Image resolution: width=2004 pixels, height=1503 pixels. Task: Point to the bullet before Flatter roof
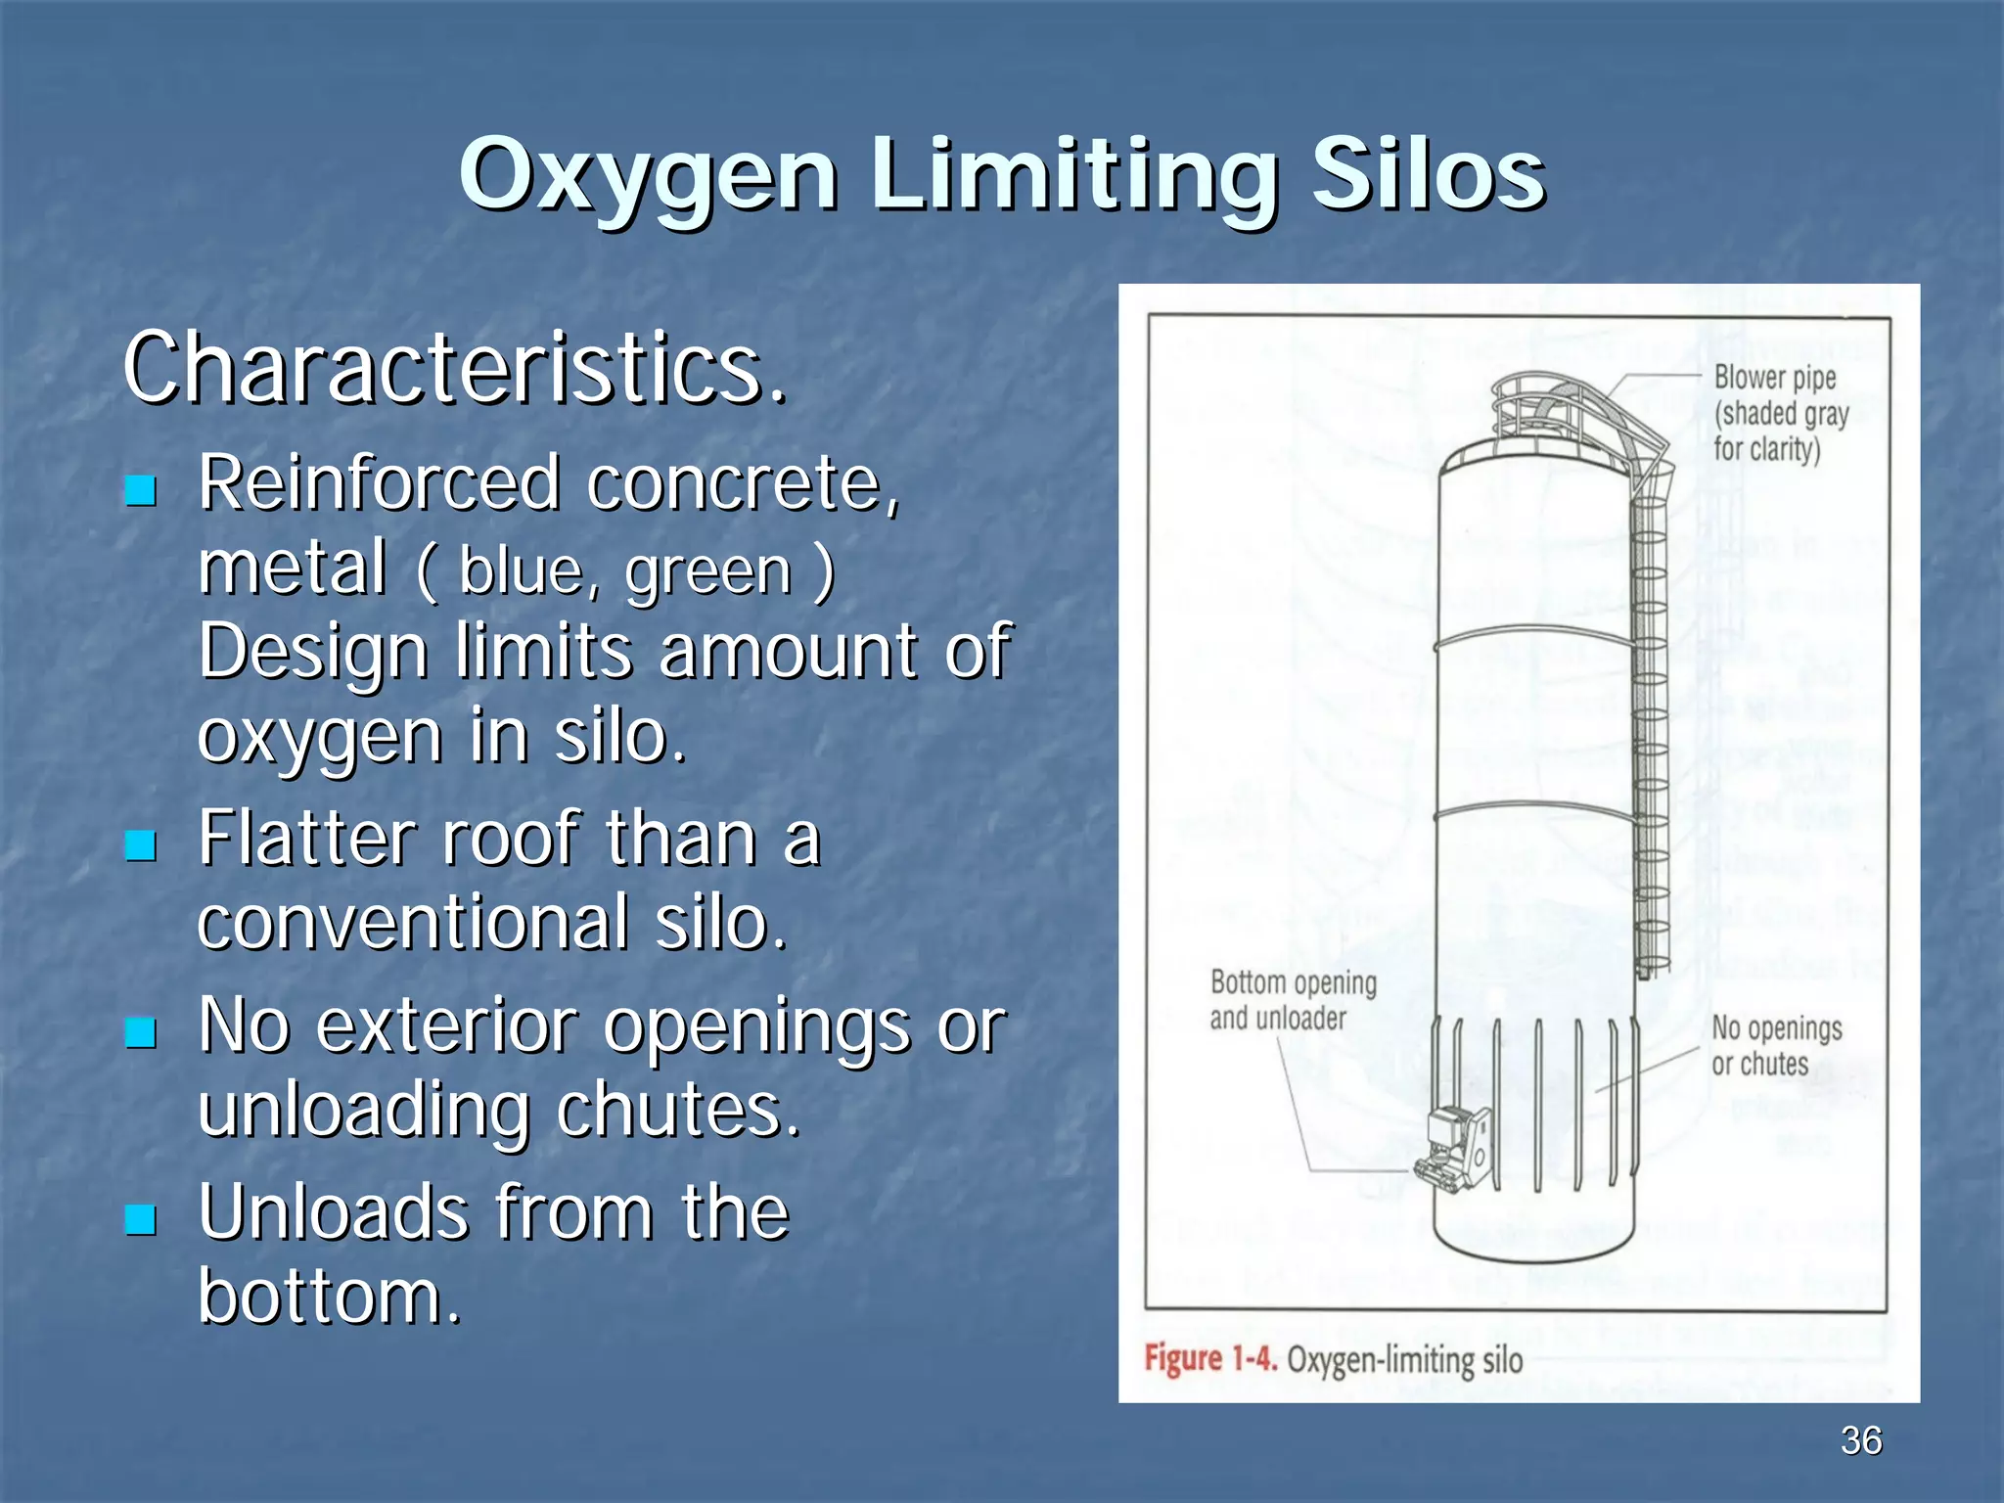(x=142, y=844)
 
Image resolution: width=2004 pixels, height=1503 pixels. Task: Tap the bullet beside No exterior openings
(x=142, y=1032)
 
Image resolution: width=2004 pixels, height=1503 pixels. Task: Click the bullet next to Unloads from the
(x=142, y=1218)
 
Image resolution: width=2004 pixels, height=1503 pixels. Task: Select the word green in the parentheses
(x=708, y=571)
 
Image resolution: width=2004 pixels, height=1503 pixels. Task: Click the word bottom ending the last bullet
(x=329, y=1296)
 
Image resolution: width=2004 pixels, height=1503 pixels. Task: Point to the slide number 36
(x=1860, y=1440)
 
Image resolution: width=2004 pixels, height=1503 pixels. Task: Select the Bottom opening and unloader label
(x=1292, y=1000)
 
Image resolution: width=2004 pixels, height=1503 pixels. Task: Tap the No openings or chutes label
(x=1775, y=1045)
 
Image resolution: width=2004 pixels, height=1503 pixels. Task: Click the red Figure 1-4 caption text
(x=1210, y=1359)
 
